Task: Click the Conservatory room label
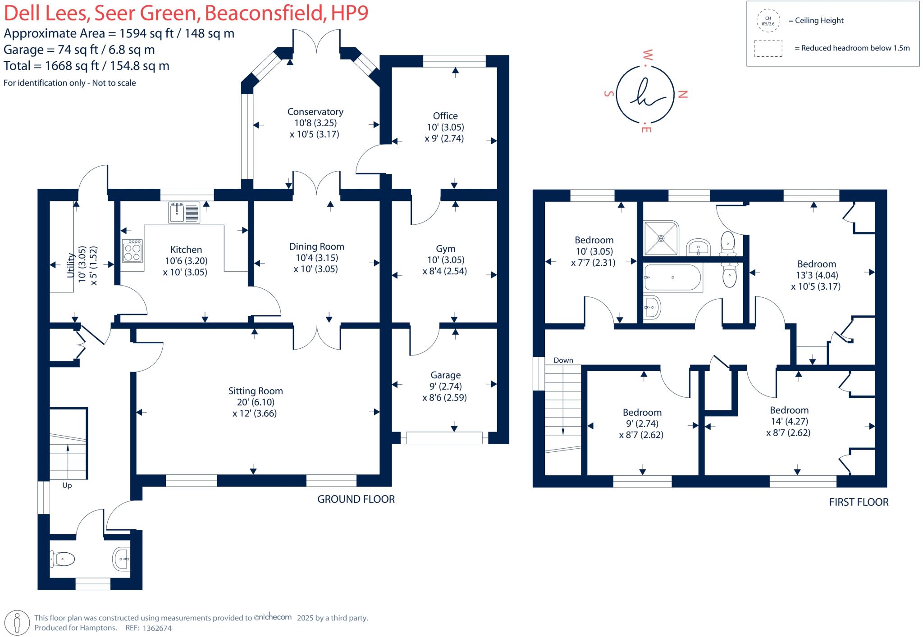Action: [315, 112]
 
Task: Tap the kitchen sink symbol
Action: [184, 212]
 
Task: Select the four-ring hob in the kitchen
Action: [133, 251]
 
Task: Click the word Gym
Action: [445, 249]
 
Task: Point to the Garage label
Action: [445, 375]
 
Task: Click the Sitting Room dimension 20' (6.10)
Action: [255, 402]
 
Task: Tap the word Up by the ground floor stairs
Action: [67, 486]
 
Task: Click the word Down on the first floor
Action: [563, 360]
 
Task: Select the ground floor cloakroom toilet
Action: [63, 559]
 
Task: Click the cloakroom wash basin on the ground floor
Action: [122, 559]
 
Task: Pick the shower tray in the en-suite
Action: [661, 238]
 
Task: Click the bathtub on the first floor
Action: [673, 278]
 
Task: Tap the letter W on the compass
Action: [647, 56]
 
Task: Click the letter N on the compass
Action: [683, 94]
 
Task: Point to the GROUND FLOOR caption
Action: [356, 499]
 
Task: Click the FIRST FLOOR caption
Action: [859, 502]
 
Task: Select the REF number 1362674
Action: [156, 628]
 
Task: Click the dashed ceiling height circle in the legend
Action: [768, 21]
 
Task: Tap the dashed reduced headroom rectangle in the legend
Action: [768, 48]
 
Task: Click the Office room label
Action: [445, 116]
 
